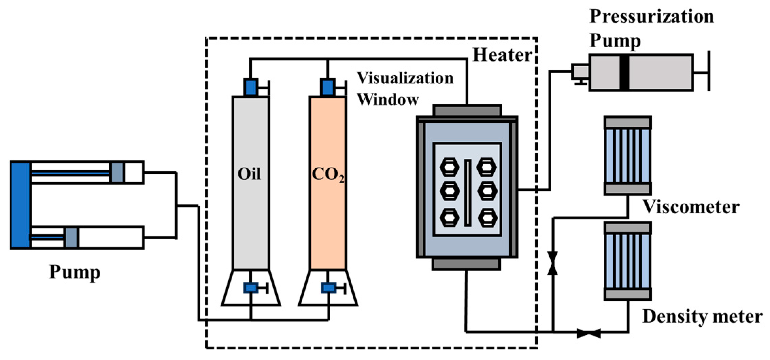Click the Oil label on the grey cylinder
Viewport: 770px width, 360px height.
tap(249, 174)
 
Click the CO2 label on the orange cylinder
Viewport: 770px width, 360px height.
tap(328, 175)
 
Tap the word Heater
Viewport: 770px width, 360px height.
tap(502, 55)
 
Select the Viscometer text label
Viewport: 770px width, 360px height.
tap(690, 207)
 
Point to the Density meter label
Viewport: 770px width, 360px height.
tap(702, 316)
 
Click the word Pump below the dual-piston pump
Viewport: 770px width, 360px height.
tap(75, 272)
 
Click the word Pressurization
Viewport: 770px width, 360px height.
tap(651, 16)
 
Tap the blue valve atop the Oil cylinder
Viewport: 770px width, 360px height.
tap(251, 87)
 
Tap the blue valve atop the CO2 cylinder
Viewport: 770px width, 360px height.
tap(328, 87)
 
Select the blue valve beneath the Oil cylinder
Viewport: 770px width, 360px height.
tap(251, 288)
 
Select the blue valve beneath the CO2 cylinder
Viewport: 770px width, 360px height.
tap(328, 288)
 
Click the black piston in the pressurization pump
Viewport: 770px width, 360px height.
tap(624, 73)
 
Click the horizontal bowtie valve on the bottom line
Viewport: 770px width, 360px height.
tap(589, 333)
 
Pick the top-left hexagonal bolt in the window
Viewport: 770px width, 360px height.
tap(449, 167)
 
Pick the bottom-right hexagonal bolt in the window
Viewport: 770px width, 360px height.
tap(488, 218)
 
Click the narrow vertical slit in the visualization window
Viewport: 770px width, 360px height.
tap(468, 193)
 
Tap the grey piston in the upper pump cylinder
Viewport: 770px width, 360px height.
tap(117, 172)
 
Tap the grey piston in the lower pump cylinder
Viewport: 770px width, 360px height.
tap(71, 237)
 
